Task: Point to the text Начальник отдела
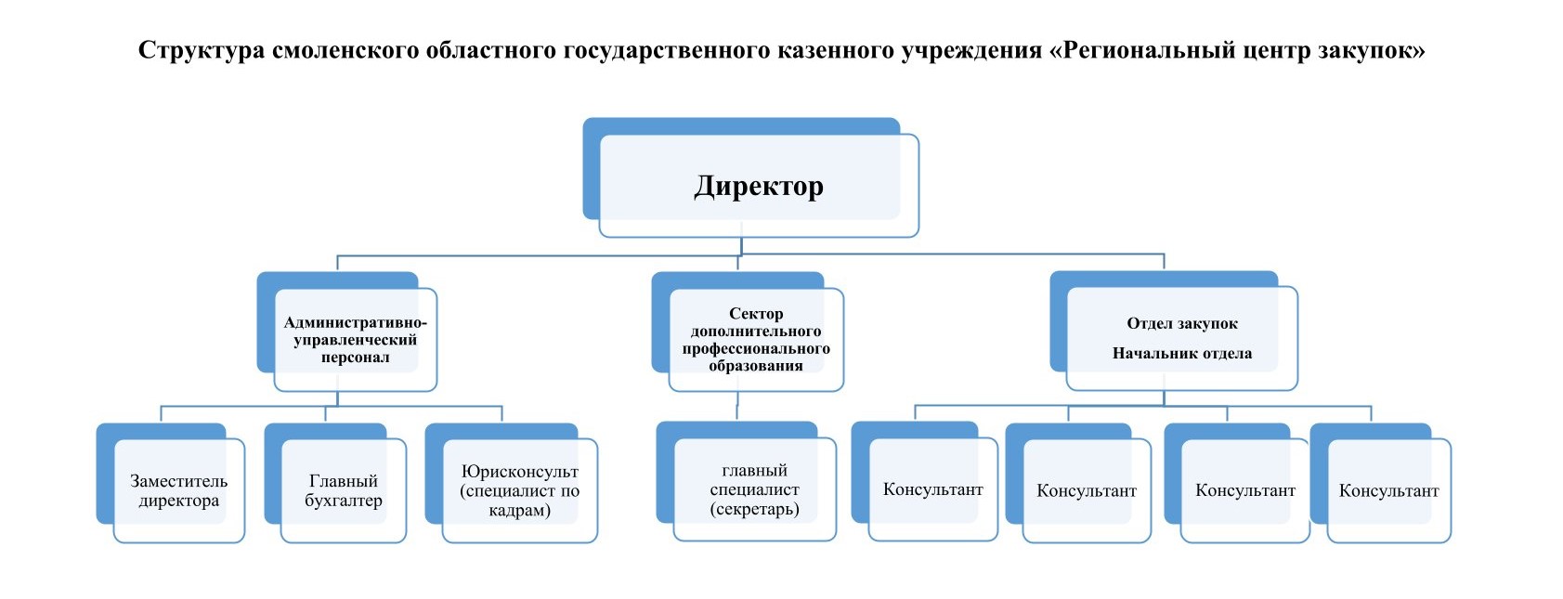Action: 1182,353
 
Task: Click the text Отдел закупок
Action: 1182,323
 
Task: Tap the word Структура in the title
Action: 201,50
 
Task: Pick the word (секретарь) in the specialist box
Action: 755,509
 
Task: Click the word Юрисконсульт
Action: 520,472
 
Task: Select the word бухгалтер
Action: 344,501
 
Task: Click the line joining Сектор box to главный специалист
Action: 737,406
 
